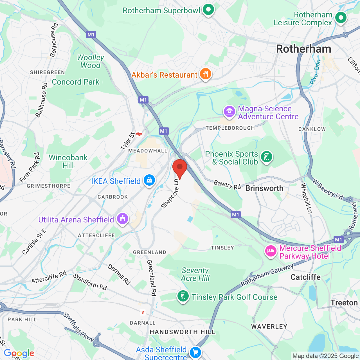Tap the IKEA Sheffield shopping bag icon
click(149, 180)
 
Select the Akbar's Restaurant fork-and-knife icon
click(206, 74)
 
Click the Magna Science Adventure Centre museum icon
click(229, 112)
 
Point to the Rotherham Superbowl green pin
click(208, 10)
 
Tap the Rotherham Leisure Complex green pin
click(341, 18)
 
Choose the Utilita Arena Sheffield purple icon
click(122, 219)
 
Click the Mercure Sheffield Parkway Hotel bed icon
click(271, 251)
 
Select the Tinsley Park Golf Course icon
click(183, 296)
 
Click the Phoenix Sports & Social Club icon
click(266, 157)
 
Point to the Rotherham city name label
click(304, 49)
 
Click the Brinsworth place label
click(264, 188)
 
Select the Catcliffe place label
click(305, 277)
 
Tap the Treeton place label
click(344, 303)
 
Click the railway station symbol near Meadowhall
click(139, 134)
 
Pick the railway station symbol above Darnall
click(143, 312)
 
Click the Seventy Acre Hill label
click(195, 274)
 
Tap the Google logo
click(19, 353)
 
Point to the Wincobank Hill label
click(68, 161)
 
